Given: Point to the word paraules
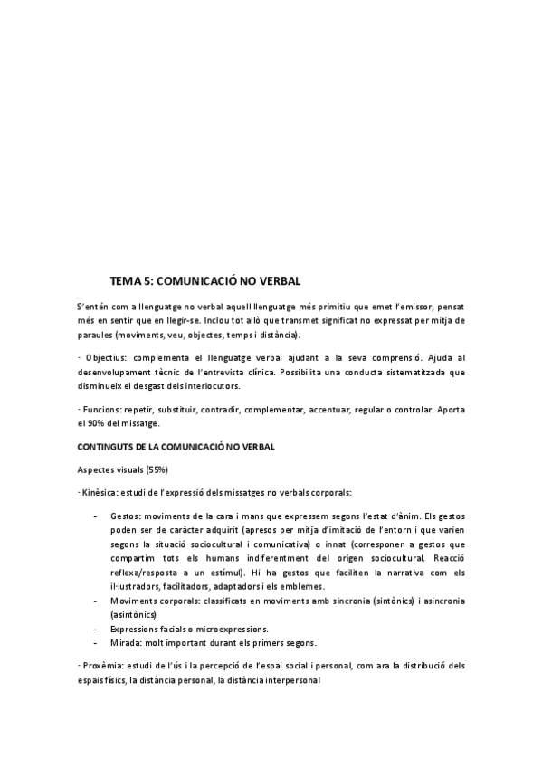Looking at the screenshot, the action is tap(95, 335).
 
